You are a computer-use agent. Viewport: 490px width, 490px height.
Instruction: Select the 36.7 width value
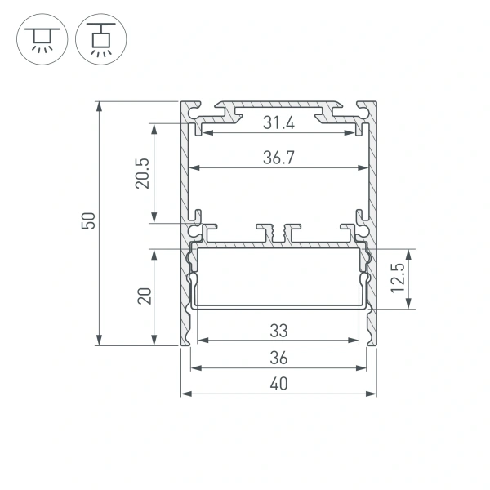(x=278, y=159)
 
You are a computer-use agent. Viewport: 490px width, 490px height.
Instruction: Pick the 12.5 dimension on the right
(x=397, y=278)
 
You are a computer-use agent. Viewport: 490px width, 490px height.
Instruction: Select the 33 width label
(x=278, y=331)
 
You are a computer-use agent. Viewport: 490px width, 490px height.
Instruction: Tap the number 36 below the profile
(x=278, y=358)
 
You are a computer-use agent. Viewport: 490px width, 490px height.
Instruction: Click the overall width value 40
(x=278, y=384)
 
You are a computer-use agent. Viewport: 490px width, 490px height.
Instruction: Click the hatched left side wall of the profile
(x=185, y=286)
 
